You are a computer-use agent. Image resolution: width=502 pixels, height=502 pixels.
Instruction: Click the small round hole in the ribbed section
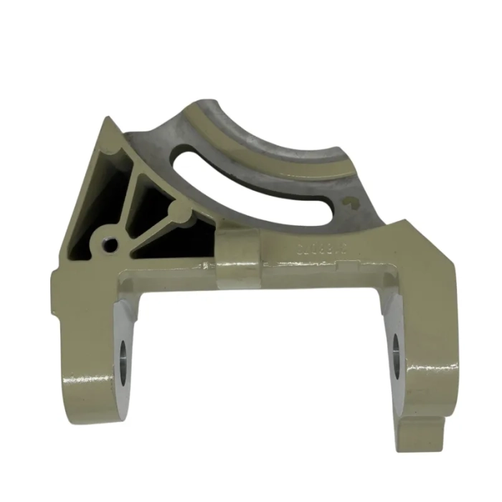click(110, 245)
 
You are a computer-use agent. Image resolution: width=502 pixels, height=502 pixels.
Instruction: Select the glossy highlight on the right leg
click(423, 373)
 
